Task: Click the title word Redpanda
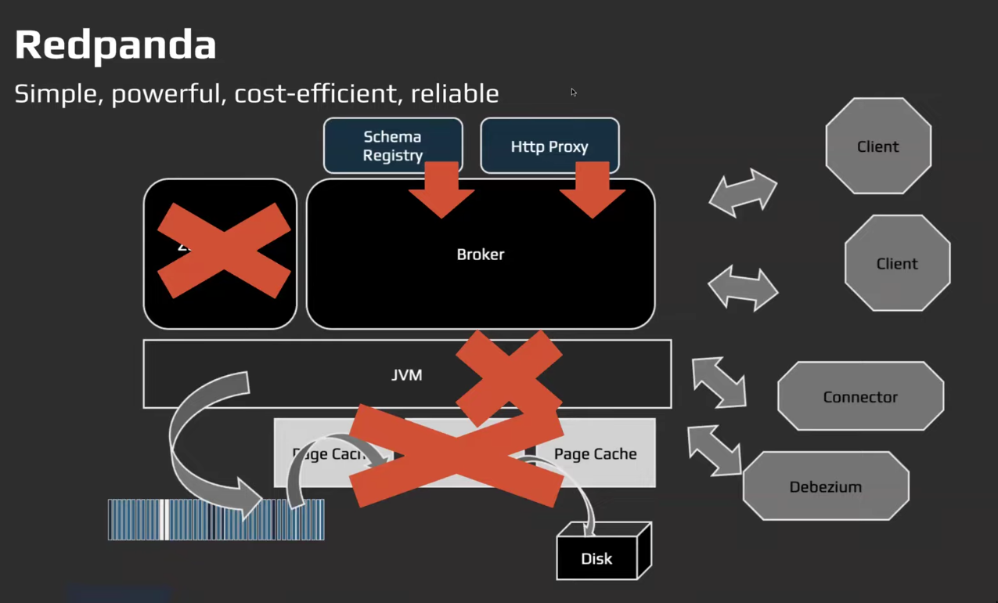pos(115,45)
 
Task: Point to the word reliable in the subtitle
pos(455,94)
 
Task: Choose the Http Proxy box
pos(549,146)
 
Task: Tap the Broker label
pos(480,255)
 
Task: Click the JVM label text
pos(406,375)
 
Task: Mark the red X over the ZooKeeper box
pos(224,251)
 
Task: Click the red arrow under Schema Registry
pos(441,190)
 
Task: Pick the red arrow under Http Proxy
pos(593,190)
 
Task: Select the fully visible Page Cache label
pos(595,454)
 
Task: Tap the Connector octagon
pos(859,397)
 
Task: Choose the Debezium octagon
pos(825,487)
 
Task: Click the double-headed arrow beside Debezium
pos(714,450)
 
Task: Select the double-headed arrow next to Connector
pos(719,382)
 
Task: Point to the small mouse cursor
pos(573,92)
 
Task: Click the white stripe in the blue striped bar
pos(164,520)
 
